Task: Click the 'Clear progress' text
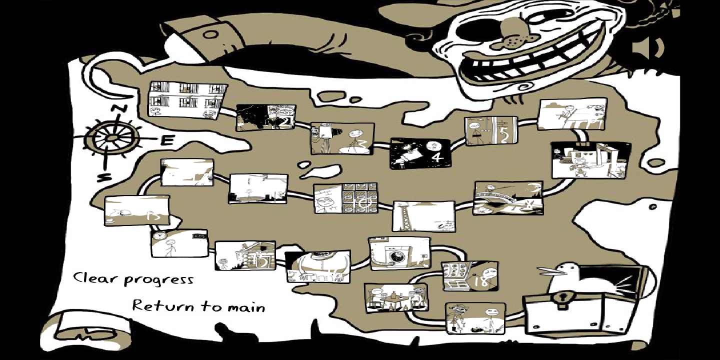click(133, 278)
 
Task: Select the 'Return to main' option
click(198, 305)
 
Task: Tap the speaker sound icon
click(647, 48)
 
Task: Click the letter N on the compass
click(118, 109)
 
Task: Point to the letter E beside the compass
click(167, 140)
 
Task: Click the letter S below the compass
click(103, 177)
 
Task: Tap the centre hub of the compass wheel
click(112, 137)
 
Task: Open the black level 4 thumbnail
click(420, 152)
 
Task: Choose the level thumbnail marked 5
click(490, 131)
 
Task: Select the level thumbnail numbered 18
click(469, 276)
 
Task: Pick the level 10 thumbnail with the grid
click(345, 198)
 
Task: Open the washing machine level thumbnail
click(399, 253)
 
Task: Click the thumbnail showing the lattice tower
click(423, 216)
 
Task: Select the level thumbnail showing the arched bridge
click(508, 198)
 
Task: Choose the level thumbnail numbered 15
click(245, 255)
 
